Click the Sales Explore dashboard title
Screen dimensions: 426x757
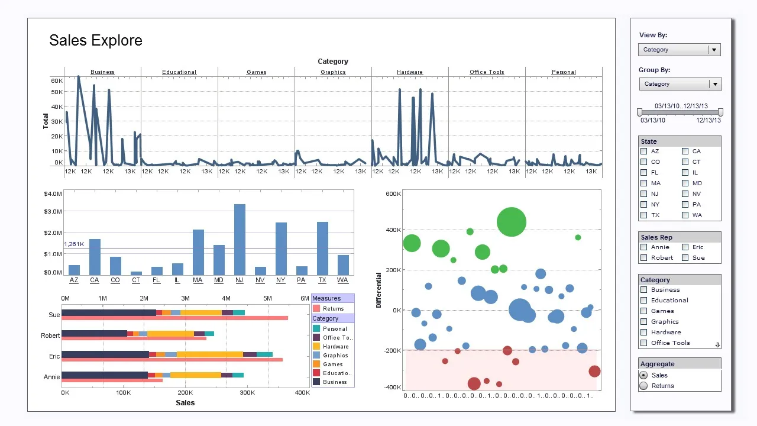96,40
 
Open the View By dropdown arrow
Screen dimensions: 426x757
714,50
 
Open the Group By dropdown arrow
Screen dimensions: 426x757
716,84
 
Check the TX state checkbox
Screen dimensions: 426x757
644,215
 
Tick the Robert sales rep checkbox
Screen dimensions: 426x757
644,258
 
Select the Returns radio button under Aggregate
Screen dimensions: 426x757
643,386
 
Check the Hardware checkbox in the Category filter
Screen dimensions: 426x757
644,333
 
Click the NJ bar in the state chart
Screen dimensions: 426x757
240,240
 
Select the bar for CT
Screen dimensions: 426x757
136,273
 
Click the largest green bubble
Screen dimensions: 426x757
512,222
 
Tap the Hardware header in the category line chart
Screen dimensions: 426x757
410,72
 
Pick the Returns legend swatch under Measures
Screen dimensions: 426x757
316,309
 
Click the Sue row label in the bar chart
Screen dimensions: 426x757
54,315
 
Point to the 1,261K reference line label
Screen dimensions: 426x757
74,244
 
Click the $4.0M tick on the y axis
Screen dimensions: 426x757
53,194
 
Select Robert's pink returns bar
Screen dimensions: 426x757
134,338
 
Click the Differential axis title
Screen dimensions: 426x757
378,290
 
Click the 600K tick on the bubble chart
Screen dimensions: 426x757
393,193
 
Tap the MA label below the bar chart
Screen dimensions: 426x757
198,280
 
